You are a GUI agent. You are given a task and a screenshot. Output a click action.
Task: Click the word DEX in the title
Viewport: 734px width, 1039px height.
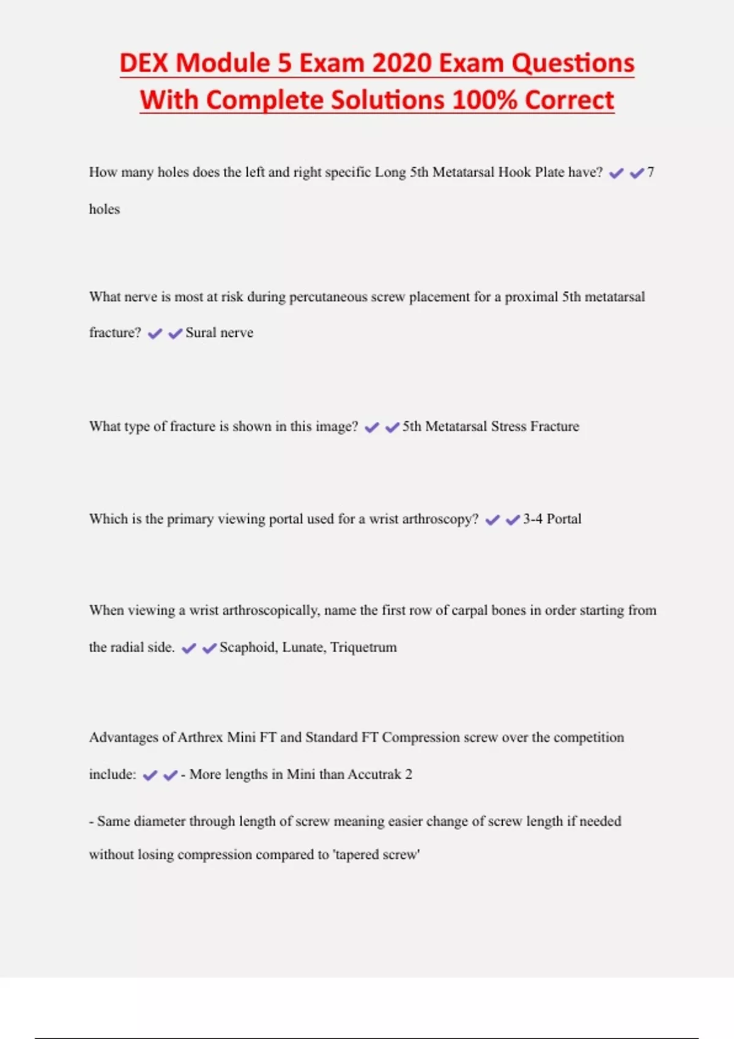pyautogui.click(x=143, y=63)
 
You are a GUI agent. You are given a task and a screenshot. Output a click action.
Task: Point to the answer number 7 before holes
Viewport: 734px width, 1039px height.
pyautogui.click(x=651, y=172)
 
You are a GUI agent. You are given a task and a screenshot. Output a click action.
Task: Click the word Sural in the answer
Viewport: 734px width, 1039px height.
pyautogui.click(x=200, y=333)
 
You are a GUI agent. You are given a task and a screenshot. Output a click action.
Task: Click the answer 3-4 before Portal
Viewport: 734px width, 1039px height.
pyautogui.click(x=532, y=519)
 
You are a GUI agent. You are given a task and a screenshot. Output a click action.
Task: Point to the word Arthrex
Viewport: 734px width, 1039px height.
pyautogui.click(x=200, y=738)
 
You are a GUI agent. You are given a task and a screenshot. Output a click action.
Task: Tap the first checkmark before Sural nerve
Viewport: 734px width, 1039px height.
pyautogui.click(x=155, y=334)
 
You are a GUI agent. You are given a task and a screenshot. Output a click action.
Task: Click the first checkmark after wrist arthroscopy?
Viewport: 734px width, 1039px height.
pyautogui.click(x=492, y=520)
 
